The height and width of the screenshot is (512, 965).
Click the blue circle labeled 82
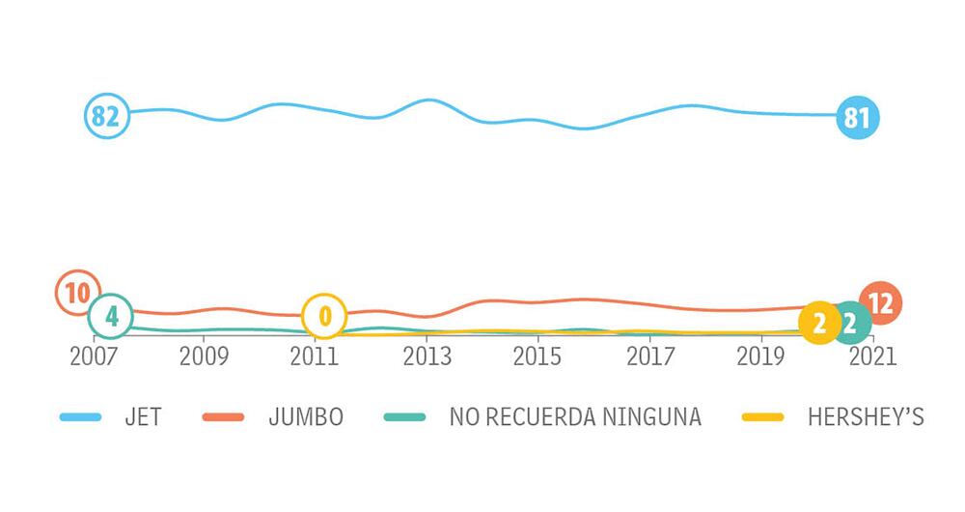(105, 118)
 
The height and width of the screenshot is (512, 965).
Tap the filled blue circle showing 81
(857, 119)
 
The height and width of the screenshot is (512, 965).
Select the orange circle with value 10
(78, 293)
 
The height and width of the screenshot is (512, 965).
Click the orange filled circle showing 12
(880, 303)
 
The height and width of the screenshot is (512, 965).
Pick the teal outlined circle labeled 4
(111, 316)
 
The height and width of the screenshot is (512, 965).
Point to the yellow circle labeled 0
(324, 316)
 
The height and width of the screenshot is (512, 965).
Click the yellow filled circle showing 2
(819, 323)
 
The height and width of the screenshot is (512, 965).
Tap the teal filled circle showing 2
(850, 323)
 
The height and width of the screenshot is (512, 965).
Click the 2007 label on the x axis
(95, 356)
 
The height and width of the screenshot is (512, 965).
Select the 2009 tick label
(204, 356)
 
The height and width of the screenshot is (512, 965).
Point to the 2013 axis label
(427, 356)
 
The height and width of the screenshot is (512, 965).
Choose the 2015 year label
(537, 356)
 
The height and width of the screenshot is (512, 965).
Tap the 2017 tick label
(648, 356)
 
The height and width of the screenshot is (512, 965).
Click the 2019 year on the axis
(759, 356)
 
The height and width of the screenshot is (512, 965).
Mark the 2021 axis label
(871, 356)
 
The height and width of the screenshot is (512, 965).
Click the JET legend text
(143, 417)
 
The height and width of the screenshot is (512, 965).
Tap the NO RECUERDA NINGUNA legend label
(575, 417)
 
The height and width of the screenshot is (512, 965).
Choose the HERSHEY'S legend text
(866, 417)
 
